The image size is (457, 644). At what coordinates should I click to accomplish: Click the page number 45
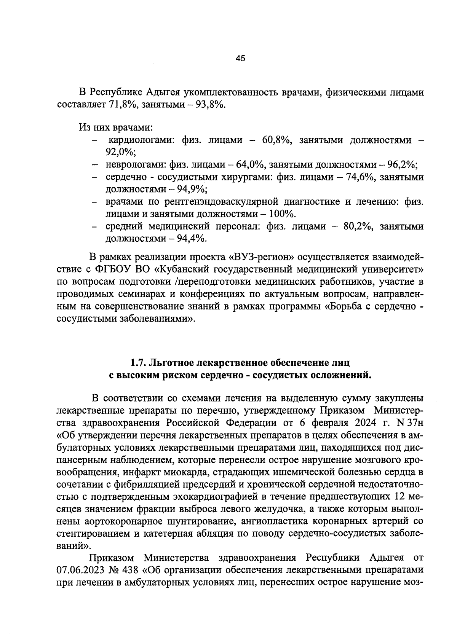[x=240, y=58]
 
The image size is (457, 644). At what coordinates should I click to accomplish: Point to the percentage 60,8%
[x=276, y=140]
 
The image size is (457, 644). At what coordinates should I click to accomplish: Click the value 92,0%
[x=121, y=152]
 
